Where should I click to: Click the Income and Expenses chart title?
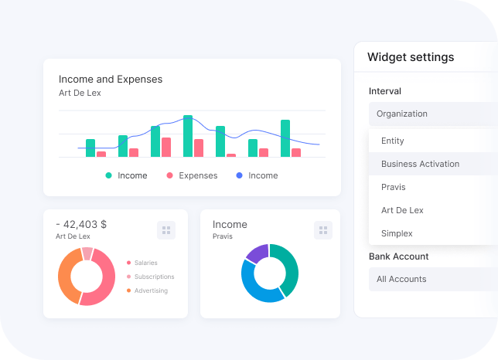click(111, 79)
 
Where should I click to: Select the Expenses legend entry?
click(197, 175)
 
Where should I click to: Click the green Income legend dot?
click(109, 175)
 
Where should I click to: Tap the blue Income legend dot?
click(239, 175)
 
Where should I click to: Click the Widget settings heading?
click(411, 57)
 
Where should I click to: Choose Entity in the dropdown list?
click(393, 141)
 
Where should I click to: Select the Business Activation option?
click(420, 164)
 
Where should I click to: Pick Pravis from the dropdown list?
click(393, 187)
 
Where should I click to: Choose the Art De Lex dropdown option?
click(402, 210)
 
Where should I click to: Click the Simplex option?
click(397, 233)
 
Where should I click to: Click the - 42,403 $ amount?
click(81, 224)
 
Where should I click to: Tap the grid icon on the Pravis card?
click(323, 229)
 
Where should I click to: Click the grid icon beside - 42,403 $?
click(166, 229)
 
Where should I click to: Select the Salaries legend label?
click(145, 263)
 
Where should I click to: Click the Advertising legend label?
click(150, 290)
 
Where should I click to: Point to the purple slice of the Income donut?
click(257, 253)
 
